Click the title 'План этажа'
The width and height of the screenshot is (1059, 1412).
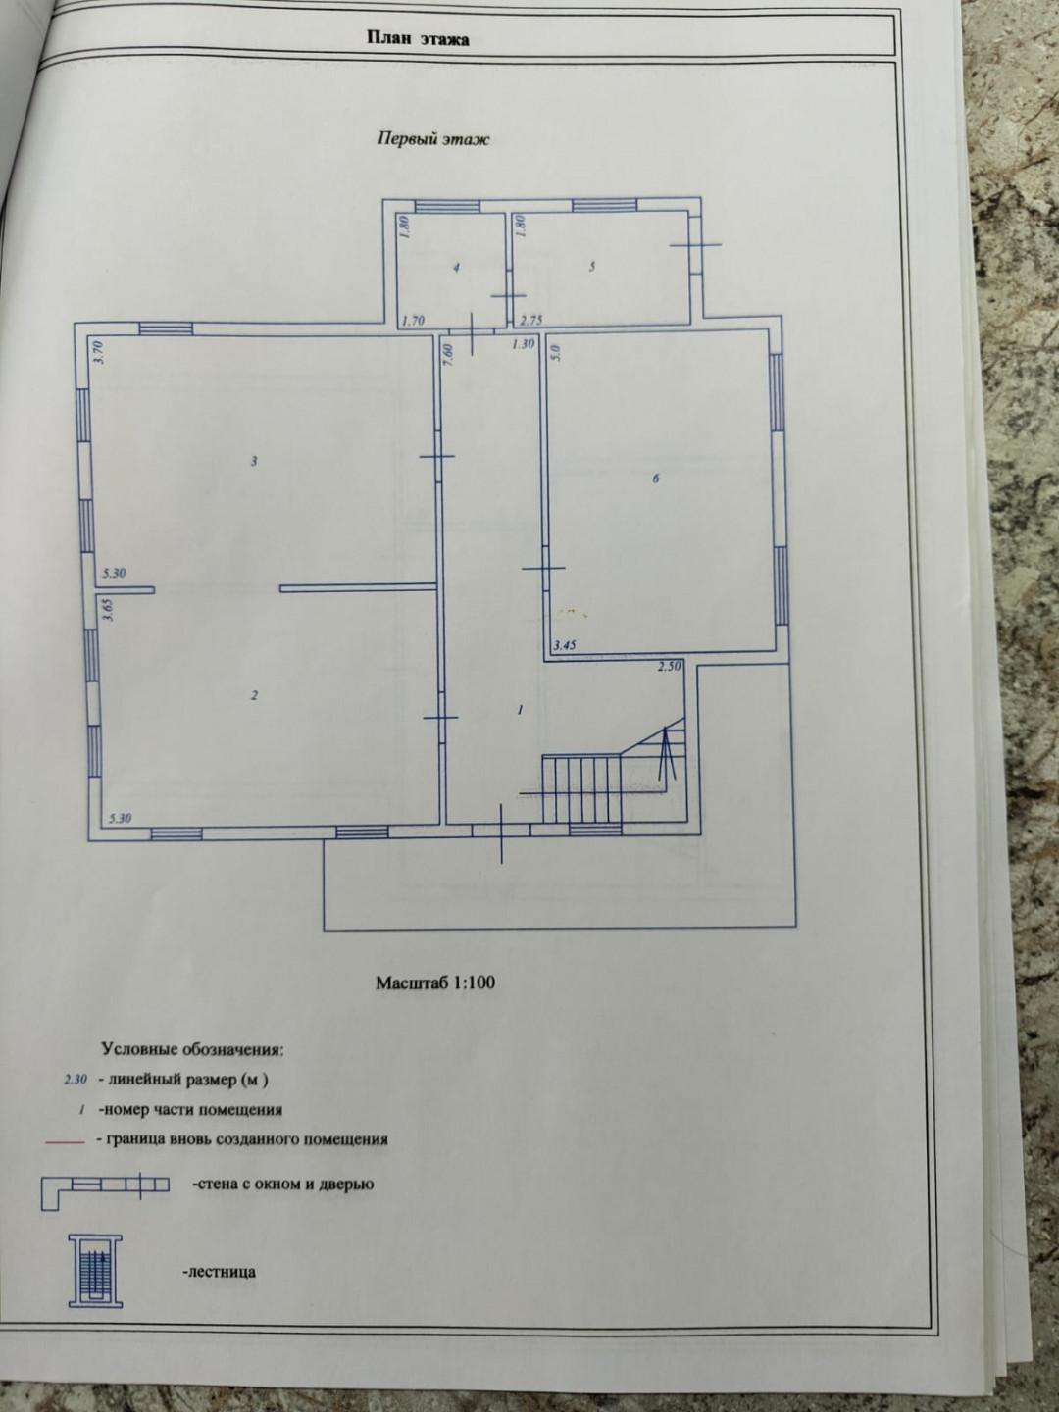(418, 38)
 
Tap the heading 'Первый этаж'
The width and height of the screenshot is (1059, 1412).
(432, 139)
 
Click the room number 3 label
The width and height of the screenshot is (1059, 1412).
(255, 461)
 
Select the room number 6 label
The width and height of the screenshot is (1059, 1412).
(656, 479)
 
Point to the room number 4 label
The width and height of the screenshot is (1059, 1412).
(457, 268)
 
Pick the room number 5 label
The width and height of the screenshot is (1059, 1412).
(592, 267)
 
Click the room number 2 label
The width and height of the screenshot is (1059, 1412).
(255, 695)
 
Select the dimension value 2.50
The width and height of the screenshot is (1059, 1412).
(669, 667)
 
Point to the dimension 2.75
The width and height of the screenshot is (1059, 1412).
(531, 320)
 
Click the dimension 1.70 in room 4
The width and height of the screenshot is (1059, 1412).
(413, 320)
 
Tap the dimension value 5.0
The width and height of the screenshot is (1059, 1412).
(558, 352)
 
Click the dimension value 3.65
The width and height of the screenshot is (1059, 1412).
(109, 609)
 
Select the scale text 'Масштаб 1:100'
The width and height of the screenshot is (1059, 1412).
(435, 983)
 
